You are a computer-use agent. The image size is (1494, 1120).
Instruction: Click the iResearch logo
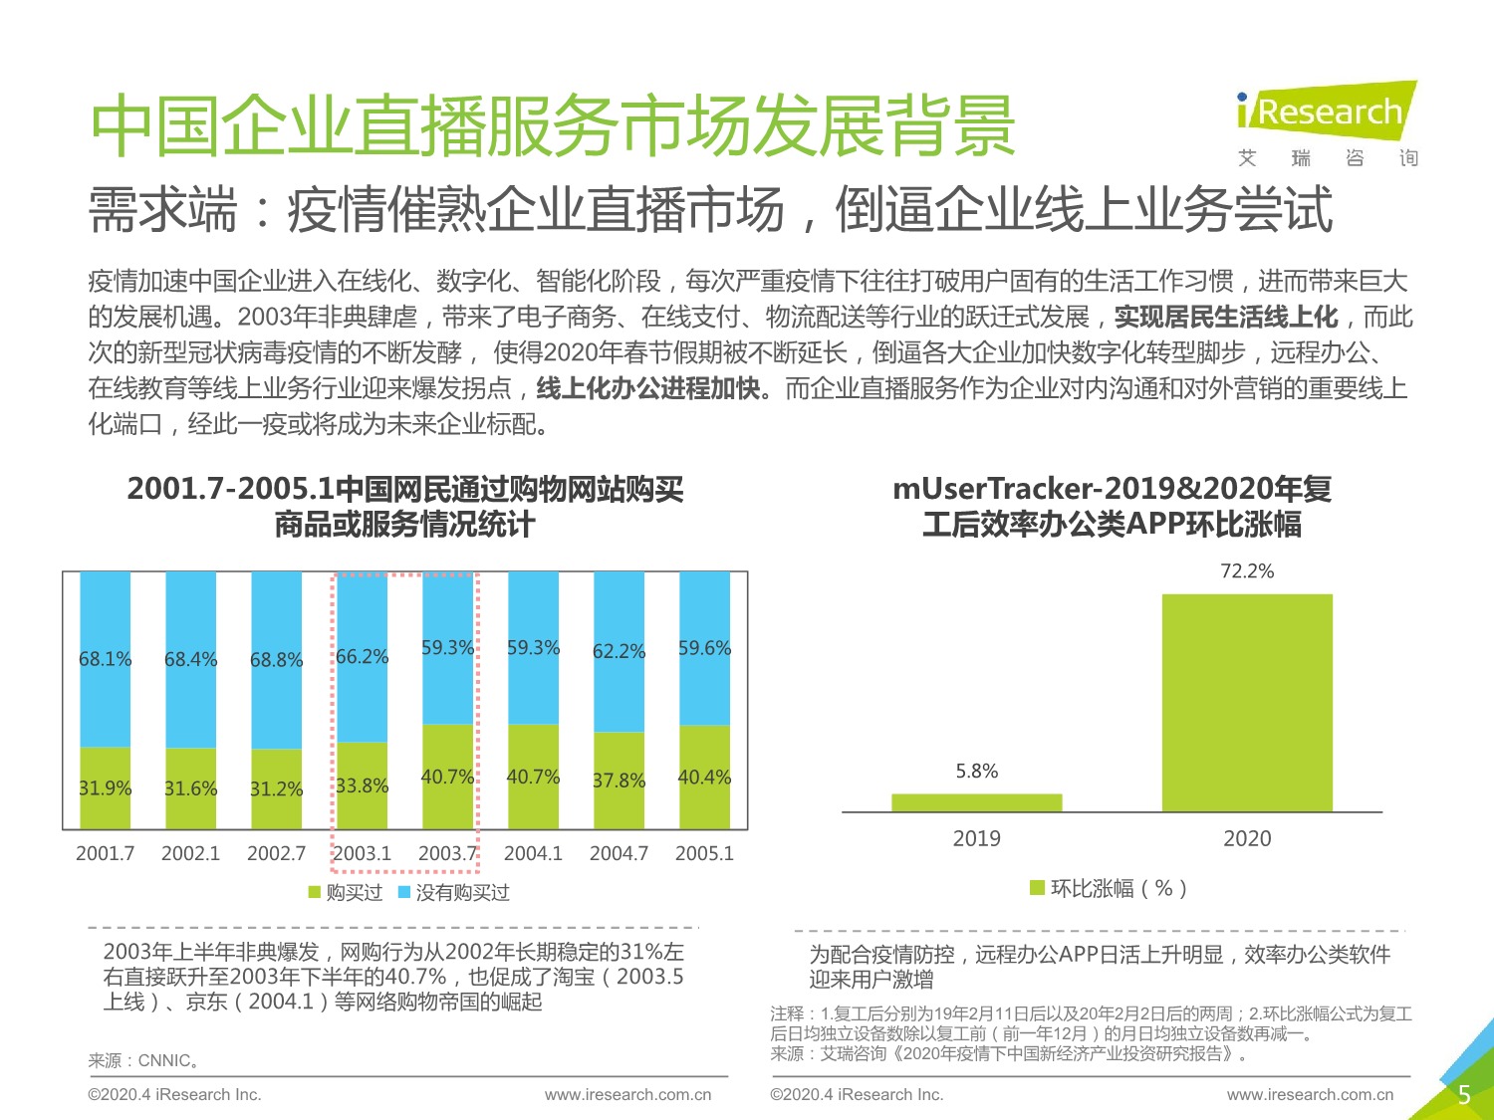1326,112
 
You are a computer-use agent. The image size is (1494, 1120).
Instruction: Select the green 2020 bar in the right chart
1247,702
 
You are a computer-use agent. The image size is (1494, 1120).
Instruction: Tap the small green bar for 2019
976,802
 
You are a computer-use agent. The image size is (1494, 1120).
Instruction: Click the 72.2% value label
1247,571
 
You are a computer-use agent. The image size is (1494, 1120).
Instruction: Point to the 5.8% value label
976,772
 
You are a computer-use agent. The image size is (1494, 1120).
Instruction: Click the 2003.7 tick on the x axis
447,853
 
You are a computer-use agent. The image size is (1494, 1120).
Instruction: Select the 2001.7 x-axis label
105,853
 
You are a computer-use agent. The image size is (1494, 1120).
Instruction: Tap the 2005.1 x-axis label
704,853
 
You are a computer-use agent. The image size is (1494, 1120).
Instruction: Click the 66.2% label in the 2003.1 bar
362,657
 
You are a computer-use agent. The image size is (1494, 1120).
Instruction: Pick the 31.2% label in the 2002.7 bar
276,788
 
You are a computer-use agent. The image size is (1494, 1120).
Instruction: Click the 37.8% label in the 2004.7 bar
619,781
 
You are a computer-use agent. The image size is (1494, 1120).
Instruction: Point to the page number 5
1463,1095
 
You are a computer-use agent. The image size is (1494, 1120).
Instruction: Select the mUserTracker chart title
1112,506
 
